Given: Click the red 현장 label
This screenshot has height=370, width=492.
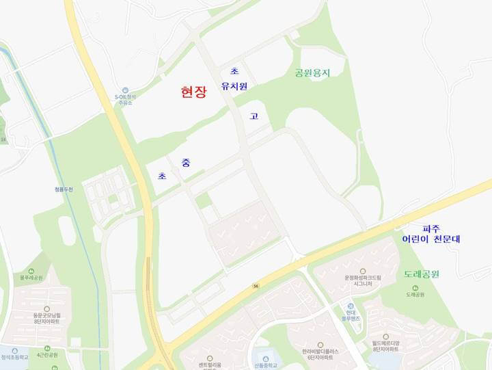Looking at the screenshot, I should tap(193, 93).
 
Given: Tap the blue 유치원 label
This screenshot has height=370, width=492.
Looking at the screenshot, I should tap(234, 86).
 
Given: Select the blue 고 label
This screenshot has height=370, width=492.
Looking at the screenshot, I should tap(254, 116).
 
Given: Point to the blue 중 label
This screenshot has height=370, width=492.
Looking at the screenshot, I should tap(186, 162).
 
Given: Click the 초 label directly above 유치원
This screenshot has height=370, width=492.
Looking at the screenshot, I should tap(234, 71).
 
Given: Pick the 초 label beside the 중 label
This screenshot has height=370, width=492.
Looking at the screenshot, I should tap(163, 176).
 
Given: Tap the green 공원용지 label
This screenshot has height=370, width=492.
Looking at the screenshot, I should tap(312, 72).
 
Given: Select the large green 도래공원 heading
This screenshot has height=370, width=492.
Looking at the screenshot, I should tap(421, 274).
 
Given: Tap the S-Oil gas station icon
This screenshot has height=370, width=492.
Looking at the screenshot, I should tap(125, 90).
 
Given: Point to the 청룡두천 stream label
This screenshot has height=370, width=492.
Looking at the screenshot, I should tap(64, 189).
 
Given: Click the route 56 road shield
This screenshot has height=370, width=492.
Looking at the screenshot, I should tap(256, 286).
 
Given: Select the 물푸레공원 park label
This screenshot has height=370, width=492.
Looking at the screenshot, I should tap(31, 278).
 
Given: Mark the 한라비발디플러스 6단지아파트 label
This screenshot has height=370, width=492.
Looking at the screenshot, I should tap(319, 354).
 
